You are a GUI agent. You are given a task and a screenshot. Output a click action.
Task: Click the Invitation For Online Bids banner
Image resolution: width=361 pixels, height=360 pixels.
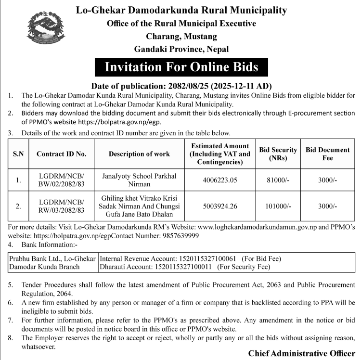181,67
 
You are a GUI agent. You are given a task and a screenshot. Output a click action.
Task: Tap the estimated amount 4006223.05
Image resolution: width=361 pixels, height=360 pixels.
219,180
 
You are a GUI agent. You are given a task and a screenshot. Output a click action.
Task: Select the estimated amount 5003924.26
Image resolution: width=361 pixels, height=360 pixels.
219,206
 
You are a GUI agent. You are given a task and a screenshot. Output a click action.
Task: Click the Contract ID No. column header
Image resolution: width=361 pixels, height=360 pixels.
62,154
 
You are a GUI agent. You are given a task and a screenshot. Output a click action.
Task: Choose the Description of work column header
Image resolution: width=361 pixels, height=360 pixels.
139,154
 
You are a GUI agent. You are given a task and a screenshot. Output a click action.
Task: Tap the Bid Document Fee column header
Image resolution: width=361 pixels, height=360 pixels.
328,154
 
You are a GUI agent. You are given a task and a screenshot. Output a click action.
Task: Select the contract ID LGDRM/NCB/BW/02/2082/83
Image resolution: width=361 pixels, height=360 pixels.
62,180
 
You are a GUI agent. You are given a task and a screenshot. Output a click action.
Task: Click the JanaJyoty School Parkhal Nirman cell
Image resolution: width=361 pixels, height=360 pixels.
139,180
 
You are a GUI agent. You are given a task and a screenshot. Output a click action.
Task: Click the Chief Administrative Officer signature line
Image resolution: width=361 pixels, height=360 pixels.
301,353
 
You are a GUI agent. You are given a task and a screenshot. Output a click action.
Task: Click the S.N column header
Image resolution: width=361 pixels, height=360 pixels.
18,154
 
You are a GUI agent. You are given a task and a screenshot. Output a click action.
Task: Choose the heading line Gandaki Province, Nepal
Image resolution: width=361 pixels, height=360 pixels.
181,49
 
